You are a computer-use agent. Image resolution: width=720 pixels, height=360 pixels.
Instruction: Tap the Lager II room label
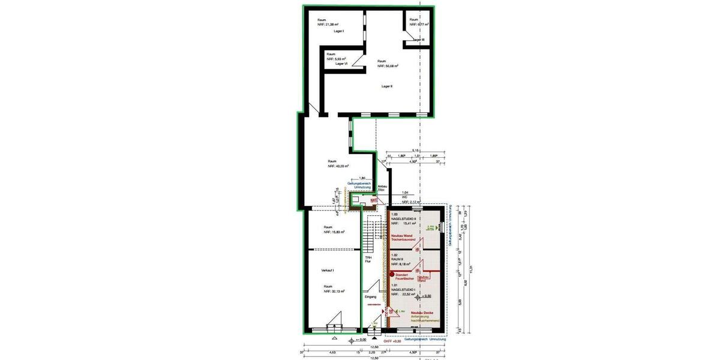click(386, 86)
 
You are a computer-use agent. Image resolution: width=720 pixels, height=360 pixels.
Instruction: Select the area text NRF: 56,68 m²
click(388, 67)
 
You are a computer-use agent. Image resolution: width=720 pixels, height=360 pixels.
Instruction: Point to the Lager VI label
click(341, 64)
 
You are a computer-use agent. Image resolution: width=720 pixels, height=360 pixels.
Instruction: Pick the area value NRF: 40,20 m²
click(338, 167)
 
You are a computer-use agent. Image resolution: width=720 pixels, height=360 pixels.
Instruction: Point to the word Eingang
click(370, 297)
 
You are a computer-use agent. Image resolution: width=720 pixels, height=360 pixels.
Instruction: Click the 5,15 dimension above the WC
click(414, 151)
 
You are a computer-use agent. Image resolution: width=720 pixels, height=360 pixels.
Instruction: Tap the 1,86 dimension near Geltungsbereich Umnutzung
click(362, 178)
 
